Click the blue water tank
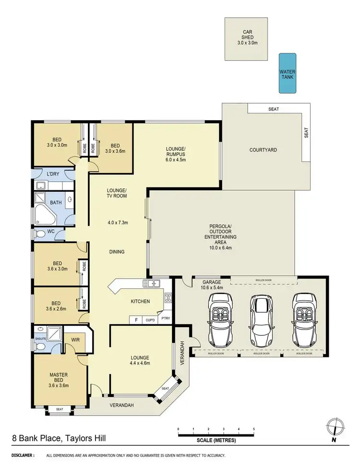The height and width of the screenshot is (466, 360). coord(288,73)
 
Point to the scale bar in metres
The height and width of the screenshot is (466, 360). coord(216,435)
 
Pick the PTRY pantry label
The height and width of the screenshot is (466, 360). coord(165,319)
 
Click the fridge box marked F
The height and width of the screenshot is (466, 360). coord(136,319)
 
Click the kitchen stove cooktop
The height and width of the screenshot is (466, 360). coord(168,298)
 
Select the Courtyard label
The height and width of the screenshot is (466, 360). coord(263,150)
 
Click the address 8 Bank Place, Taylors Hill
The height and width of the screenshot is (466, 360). coord(59,438)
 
